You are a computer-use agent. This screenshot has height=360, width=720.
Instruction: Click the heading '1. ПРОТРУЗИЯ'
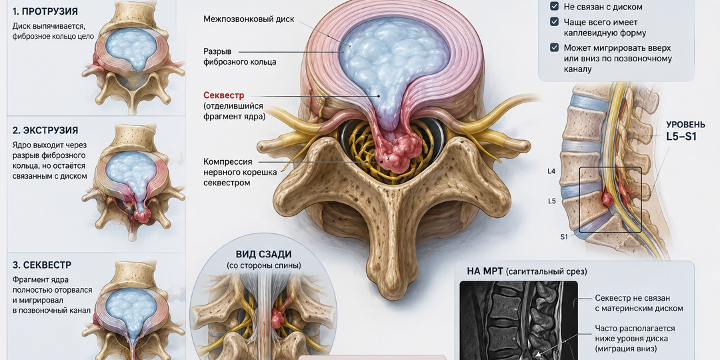coord(45,11)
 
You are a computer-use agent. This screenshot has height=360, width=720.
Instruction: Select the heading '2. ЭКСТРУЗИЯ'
coord(45,131)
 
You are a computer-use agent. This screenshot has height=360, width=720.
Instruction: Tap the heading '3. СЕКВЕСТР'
coord(42,265)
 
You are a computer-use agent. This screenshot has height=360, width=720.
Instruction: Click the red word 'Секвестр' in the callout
coord(223,95)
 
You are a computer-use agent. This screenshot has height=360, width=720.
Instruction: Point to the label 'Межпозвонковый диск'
coord(249,19)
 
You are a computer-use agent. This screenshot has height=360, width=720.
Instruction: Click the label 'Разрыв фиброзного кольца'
coord(240,57)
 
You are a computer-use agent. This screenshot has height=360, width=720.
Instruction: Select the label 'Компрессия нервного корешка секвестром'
coord(234,172)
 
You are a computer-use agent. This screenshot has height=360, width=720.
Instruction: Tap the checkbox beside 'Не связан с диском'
coord(554,7)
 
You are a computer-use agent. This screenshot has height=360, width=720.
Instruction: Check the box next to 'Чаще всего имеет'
coord(554,22)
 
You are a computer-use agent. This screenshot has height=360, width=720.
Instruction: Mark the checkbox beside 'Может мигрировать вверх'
coord(554,48)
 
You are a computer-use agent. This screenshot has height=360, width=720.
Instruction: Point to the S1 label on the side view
coord(565,237)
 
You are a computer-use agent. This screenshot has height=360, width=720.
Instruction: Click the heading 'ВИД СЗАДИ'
coord(263,255)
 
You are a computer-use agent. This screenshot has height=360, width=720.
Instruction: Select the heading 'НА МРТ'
coord(485,271)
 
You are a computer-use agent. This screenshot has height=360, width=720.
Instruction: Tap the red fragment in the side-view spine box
coord(607,199)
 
